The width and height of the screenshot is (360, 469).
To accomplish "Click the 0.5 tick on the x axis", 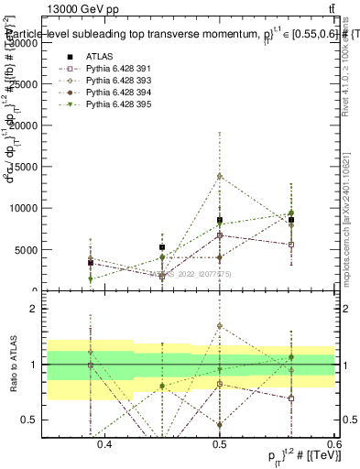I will pos(219,444).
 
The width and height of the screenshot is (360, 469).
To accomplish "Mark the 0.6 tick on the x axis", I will pos(333,444).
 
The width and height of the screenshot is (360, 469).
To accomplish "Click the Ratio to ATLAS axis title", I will pos(14,365).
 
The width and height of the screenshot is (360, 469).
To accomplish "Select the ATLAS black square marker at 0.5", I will pos(219,220).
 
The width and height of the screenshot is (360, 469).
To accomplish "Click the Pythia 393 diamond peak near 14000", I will pos(219,176).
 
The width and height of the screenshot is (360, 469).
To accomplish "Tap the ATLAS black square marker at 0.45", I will pos(161,247).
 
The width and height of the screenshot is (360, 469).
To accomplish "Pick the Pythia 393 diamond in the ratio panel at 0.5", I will pos(219,325).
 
